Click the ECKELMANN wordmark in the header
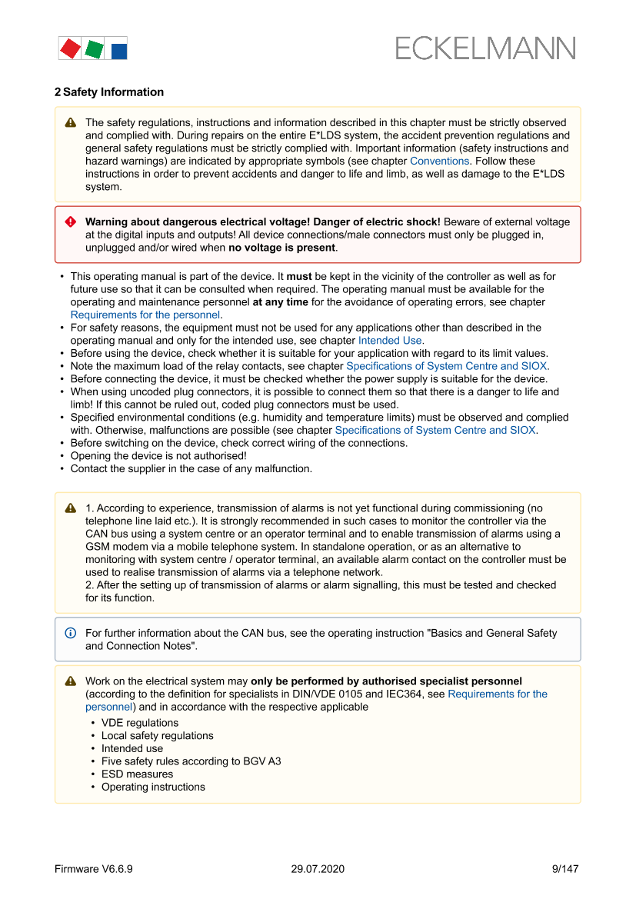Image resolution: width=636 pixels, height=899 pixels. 485,48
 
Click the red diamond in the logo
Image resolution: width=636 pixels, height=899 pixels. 70,48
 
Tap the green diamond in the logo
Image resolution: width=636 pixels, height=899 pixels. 95,49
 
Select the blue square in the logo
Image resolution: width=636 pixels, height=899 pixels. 118,51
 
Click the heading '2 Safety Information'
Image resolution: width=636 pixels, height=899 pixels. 108,92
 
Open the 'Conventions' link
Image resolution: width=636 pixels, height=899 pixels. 439,161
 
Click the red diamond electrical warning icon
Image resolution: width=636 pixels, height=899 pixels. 71,221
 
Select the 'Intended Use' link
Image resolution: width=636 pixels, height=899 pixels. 390,340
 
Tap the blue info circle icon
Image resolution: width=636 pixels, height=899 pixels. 71,633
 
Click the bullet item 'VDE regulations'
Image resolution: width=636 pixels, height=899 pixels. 140,723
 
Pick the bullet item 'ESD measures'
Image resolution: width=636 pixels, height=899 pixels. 137,774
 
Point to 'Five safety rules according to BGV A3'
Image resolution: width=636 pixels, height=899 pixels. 191,761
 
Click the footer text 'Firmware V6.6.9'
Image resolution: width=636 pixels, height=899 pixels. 94,869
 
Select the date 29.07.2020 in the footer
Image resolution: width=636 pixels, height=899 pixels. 318,869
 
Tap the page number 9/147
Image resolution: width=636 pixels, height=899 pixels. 565,869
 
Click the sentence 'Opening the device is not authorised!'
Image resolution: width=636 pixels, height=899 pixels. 158,455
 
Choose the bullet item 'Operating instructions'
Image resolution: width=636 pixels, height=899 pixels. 153,787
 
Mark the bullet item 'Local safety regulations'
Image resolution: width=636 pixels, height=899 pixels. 158,736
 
